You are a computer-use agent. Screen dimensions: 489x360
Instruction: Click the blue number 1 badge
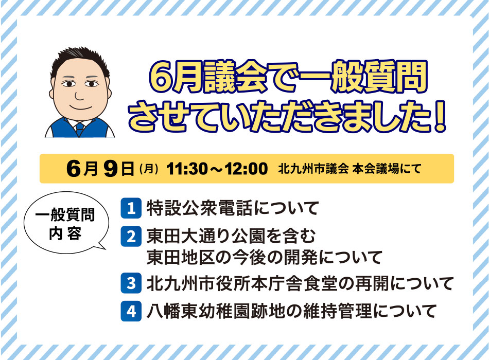pyautogui.click(x=131, y=208)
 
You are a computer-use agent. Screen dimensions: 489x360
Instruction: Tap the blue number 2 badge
pyautogui.click(x=131, y=237)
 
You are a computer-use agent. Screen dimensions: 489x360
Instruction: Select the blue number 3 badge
pyautogui.click(x=131, y=283)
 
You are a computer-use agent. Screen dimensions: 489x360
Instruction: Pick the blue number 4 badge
pyautogui.click(x=131, y=311)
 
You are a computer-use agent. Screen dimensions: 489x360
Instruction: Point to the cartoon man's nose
pyautogui.click(x=79, y=96)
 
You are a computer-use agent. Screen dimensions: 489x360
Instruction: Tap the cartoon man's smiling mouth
pyautogui.click(x=80, y=107)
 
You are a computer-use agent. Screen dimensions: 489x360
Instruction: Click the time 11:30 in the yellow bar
pyautogui.click(x=187, y=169)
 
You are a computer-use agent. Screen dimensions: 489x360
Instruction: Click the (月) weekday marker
pyautogui.click(x=149, y=169)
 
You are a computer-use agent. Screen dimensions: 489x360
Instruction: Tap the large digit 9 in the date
pyautogui.click(x=111, y=169)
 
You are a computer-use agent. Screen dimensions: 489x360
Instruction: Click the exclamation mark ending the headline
pyautogui.click(x=440, y=116)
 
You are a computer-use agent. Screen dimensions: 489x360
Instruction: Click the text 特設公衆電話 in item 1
pyautogui.click(x=199, y=208)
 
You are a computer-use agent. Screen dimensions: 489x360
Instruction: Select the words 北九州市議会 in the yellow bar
pyautogui.click(x=313, y=169)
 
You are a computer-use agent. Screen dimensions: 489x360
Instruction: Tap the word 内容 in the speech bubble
pyautogui.click(x=66, y=233)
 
